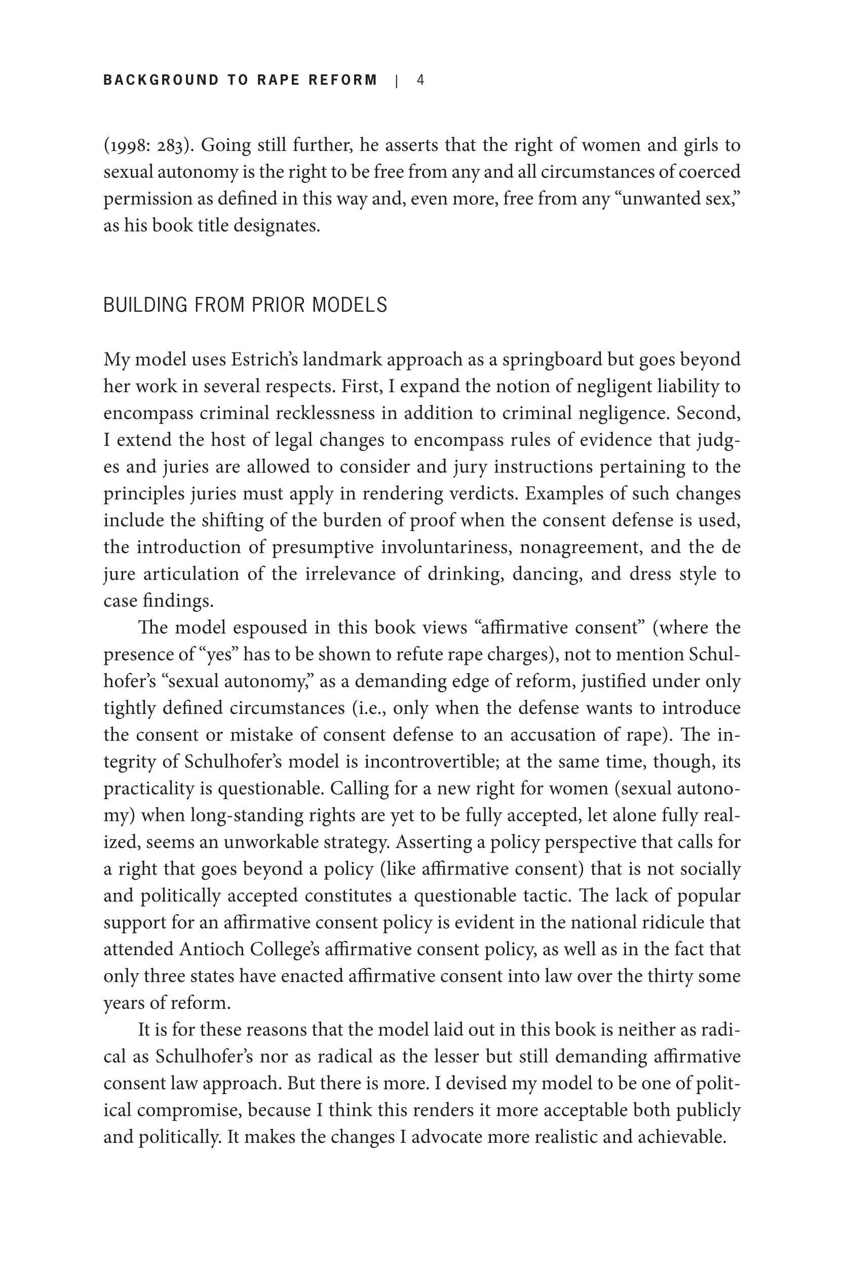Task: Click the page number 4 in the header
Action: [420, 80]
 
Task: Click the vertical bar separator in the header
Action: [397, 81]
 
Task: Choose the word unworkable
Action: [268, 842]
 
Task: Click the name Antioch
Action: [212, 949]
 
